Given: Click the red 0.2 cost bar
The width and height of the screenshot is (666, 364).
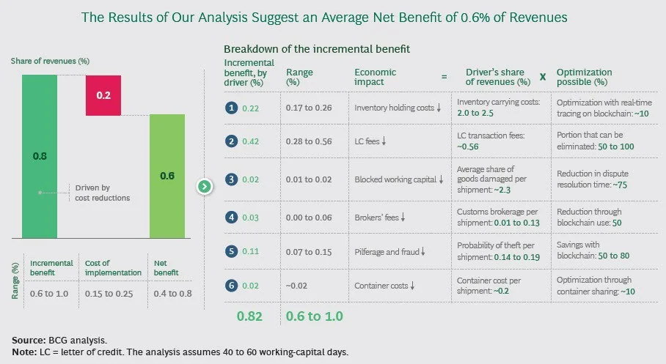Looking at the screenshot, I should click(103, 94).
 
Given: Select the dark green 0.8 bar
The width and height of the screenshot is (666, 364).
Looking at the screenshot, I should click(40, 155).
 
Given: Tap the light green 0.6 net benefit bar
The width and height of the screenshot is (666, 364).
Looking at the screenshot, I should click(167, 176).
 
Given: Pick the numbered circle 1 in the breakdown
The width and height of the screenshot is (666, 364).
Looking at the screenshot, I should click(230, 108).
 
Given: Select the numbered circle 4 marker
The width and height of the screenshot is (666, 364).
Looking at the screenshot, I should click(230, 218).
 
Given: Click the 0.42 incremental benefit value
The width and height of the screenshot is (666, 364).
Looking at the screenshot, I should click(252, 141).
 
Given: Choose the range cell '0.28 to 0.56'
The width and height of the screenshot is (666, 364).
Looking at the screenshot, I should click(309, 141).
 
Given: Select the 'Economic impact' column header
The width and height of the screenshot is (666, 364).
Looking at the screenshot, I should click(375, 77).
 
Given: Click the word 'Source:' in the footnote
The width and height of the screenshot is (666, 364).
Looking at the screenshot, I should click(29, 341).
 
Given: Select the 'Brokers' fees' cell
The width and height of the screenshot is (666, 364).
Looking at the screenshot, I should click(380, 218).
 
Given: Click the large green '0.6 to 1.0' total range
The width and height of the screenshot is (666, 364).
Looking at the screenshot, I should click(315, 316).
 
